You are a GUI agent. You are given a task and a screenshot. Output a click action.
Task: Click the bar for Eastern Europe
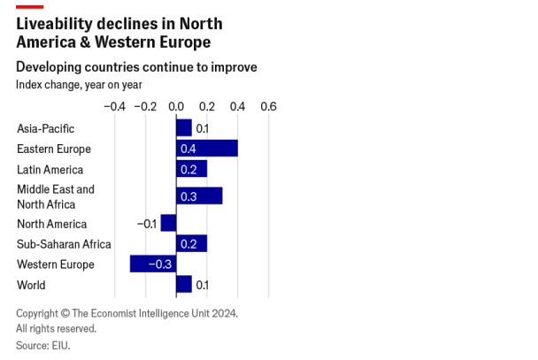(x=207, y=149)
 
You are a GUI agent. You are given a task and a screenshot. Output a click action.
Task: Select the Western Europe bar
(x=152, y=264)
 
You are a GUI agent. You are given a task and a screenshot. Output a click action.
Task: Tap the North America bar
(x=168, y=224)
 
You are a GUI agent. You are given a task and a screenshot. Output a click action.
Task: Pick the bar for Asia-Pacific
(x=183, y=128)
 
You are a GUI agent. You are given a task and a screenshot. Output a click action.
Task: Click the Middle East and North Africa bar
(x=199, y=196)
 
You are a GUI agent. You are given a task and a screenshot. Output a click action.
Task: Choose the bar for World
(x=183, y=285)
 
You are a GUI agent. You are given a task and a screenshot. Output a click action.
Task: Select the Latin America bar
(x=191, y=169)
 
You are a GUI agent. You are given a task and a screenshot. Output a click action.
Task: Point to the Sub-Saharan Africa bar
(x=191, y=244)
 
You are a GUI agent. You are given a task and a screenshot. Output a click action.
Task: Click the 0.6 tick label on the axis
(x=267, y=106)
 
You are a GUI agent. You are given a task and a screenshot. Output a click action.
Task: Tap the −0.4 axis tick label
(x=114, y=106)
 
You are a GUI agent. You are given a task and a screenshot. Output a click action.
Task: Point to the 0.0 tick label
(x=175, y=106)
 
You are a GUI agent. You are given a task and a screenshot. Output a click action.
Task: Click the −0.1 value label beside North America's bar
(x=147, y=224)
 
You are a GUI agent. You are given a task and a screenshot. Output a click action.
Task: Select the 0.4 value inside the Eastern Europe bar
(x=188, y=149)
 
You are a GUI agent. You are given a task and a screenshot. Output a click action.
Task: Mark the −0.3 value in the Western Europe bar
(x=160, y=264)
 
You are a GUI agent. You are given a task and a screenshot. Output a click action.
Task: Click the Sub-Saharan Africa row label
(x=64, y=244)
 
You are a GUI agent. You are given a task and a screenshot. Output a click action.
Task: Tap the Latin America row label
(x=50, y=169)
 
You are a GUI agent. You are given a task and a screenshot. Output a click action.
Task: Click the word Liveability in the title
(x=55, y=24)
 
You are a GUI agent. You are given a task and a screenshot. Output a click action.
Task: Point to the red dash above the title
(x=29, y=6)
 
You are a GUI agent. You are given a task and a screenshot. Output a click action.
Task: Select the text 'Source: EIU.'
(x=42, y=346)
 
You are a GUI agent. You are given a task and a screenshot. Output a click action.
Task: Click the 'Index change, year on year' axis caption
(x=79, y=85)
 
